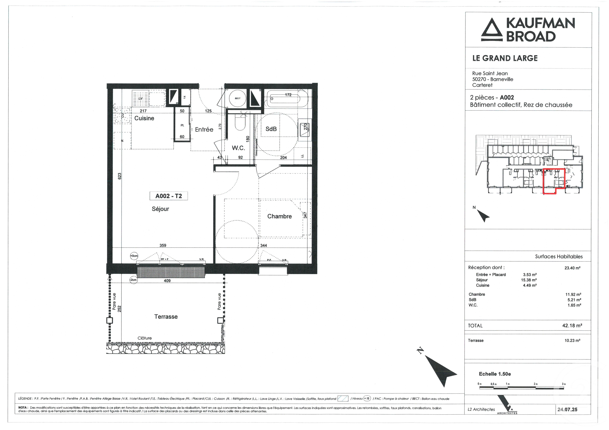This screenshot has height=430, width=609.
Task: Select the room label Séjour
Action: coord(160,209)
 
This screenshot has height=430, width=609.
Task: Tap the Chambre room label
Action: coord(279,216)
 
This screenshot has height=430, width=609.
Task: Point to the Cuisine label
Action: coord(144,118)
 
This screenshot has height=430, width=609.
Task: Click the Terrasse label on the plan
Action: coord(166,317)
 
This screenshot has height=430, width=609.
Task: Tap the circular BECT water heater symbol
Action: coord(237,98)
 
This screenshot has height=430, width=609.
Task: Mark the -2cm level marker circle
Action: coord(133,280)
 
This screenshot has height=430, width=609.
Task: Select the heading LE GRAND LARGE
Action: coord(505,58)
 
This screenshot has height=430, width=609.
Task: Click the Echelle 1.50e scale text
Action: coord(495,374)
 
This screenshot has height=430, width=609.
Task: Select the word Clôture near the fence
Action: coord(145,338)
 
